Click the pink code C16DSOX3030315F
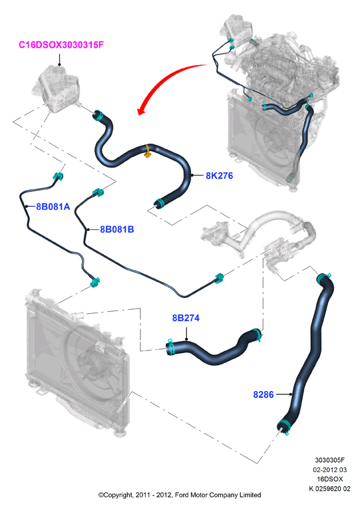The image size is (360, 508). [61, 45]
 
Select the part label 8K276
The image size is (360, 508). [219, 176]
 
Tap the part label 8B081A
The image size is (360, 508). [53, 207]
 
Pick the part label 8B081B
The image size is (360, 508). [116, 229]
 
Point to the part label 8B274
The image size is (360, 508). [186, 318]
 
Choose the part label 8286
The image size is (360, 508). [264, 394]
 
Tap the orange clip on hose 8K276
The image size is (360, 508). [148, 152]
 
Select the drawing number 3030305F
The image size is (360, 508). [330, 459]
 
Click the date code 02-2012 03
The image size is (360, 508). [330, 469]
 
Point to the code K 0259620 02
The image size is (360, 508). [330, 489]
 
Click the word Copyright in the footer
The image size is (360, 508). [116, 495]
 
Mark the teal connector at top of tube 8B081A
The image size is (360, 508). [58, 177]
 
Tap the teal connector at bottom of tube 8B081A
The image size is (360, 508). [94, 282]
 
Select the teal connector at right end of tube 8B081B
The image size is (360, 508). [219, 278]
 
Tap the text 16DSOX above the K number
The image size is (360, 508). [330, 479]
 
